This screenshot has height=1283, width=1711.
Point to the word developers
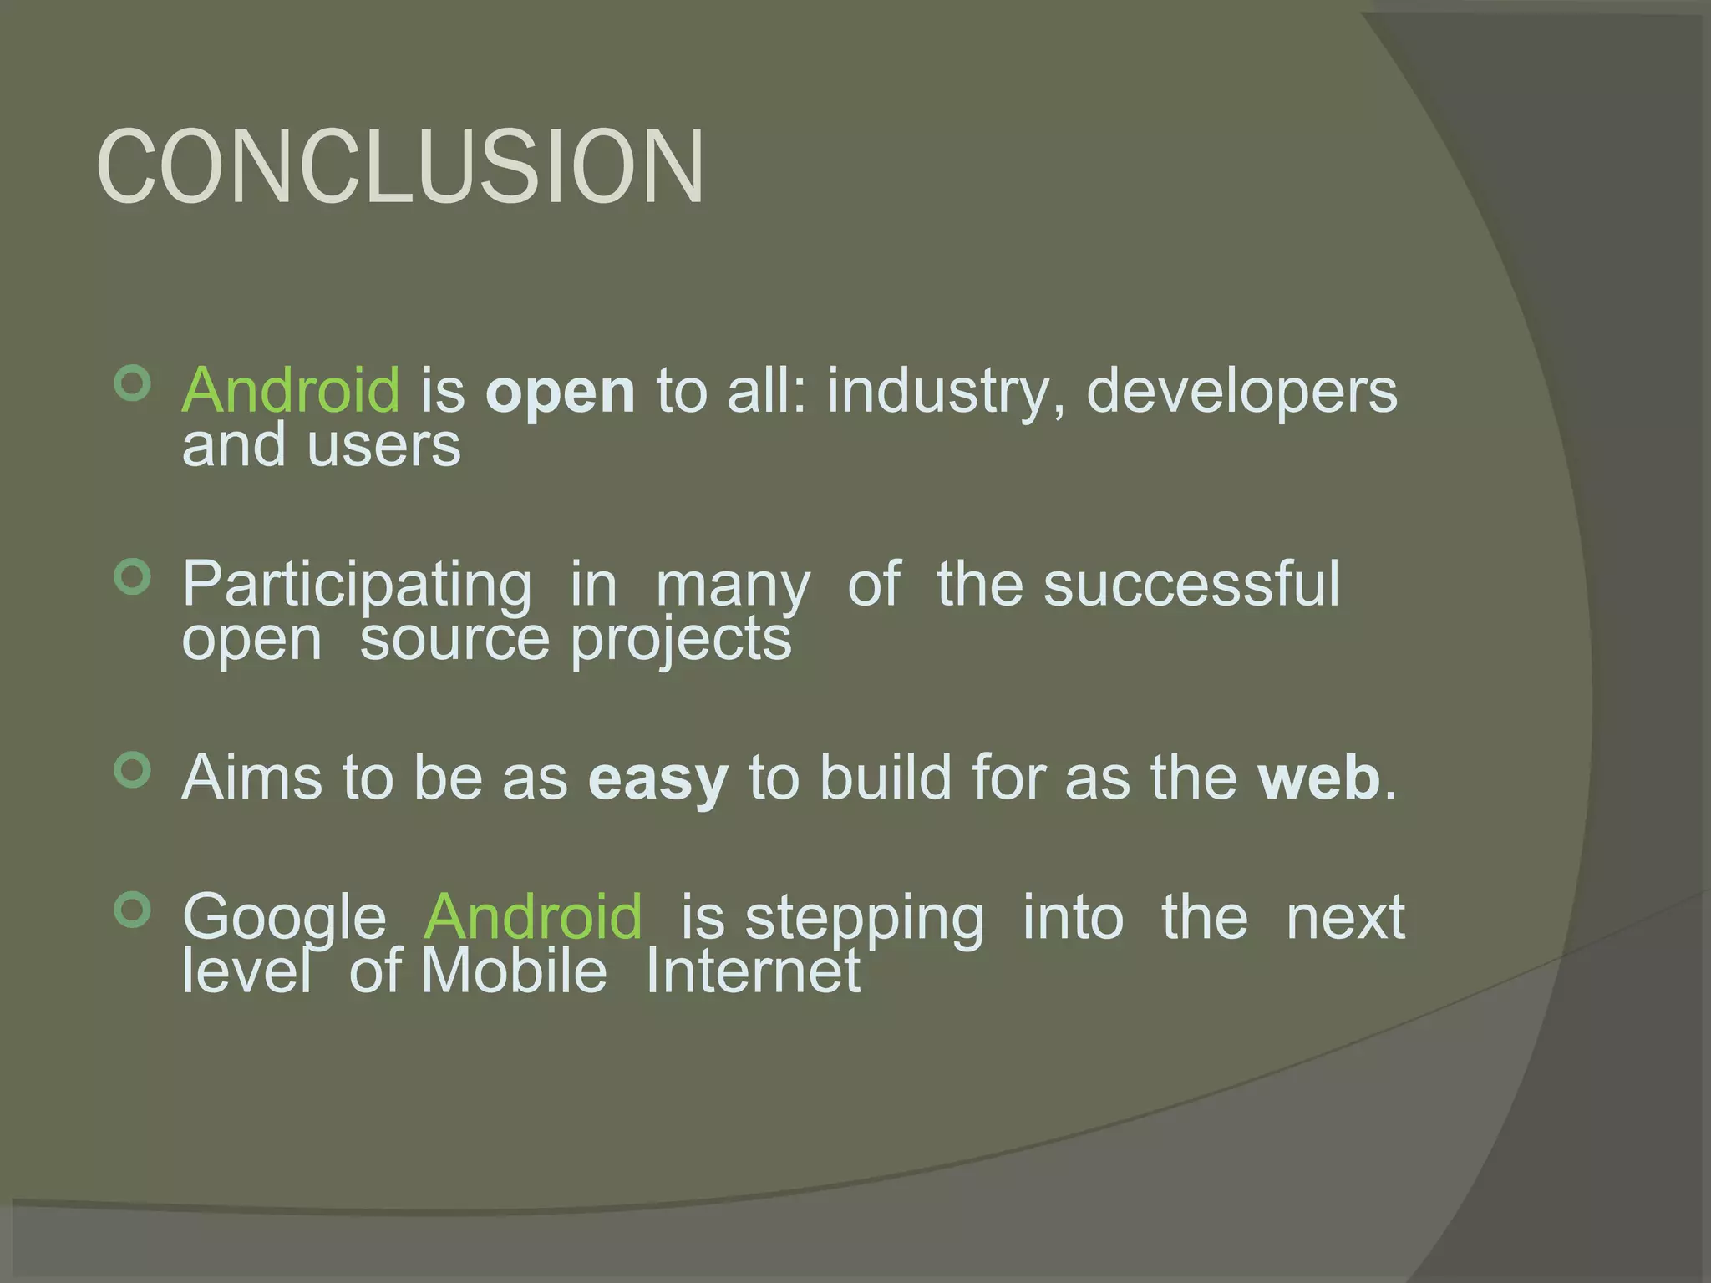tap(1241, 391)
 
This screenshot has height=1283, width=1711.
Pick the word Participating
tap(357, 585)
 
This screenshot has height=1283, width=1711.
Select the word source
tap(454, 640)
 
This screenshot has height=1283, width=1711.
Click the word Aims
tap(251, 777)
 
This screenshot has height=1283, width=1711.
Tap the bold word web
tap(1319, 777)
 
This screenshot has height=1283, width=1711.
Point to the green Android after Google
tap(533, 916)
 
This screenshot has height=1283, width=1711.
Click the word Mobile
tap(514, 971)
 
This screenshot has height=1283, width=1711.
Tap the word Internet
tap(753, 971)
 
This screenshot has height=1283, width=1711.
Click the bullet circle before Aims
tap(132, 770)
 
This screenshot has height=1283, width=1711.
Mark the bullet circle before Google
tap(132, 910)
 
